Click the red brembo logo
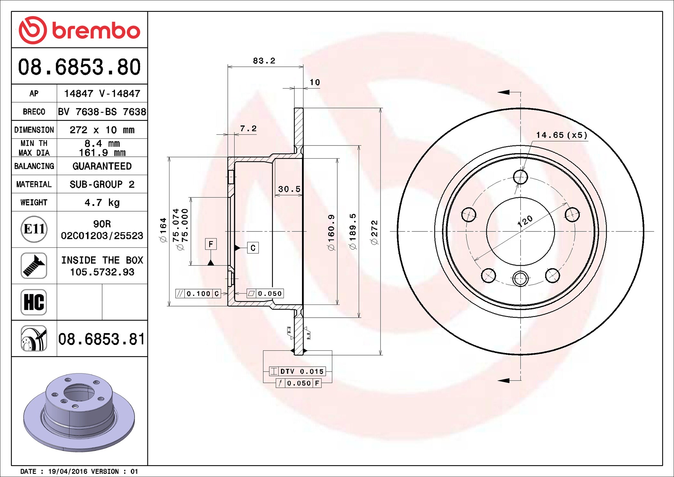pos(79,30)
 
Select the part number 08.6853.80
pos(79,67)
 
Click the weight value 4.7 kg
pos(102,203)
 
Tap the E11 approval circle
pos(34,229)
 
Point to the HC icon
pos(34,302)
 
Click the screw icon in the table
pos(34,265)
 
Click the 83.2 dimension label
pos(264,61)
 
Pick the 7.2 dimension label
pos(248,129)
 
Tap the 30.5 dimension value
pos(289,189)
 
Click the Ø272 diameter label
pos(374,232)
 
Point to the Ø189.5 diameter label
pos(352,231)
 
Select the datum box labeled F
pos(211,244)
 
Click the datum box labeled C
pos(253,248)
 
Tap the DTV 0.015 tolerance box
pos(298,371)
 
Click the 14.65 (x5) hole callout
pos(562,135)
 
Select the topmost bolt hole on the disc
pos(520,177)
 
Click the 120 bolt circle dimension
pos(525,221)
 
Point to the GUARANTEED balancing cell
pos(102,166)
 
